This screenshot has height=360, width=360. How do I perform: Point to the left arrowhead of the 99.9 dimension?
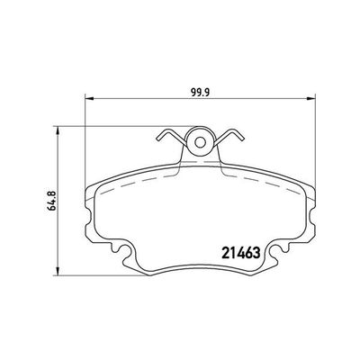pyautogui.click(x=87, y=98)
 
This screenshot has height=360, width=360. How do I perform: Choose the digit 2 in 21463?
pyautogui.click(x=225, y=251)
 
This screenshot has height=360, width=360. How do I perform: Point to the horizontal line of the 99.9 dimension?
pyautogui.click(x=144, y=98)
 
